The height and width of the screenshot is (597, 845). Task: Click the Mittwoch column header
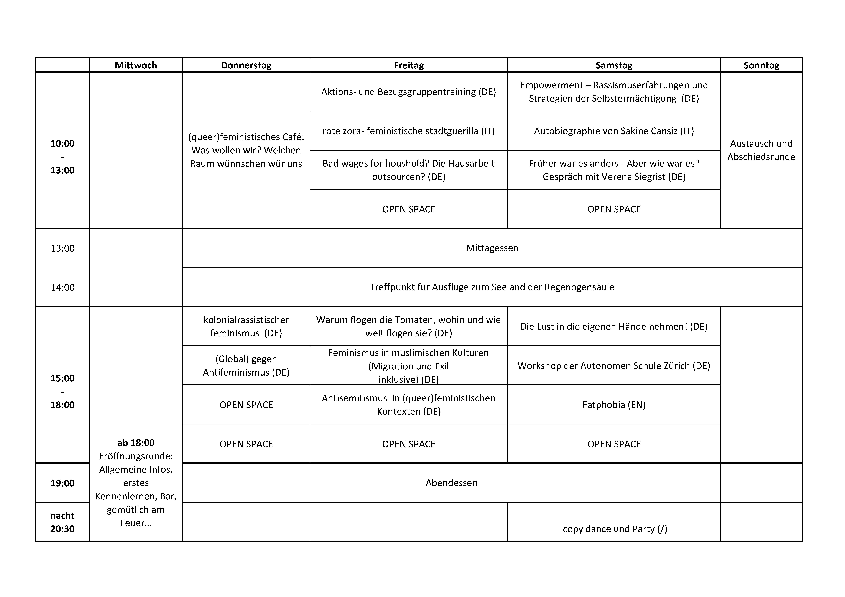[136, 65]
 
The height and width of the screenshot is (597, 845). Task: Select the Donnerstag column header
[246, 65]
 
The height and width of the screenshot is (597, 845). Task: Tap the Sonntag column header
[761, 65]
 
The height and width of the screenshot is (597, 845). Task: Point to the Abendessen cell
[451, 483]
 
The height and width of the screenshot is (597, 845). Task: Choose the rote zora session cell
[408, 131]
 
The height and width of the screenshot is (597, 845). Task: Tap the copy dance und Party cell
[615, 529]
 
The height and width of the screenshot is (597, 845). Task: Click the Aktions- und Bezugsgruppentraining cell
[408, 92]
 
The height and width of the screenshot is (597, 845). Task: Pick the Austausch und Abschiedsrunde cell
[761, 150]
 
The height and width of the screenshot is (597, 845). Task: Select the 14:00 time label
[63, 287]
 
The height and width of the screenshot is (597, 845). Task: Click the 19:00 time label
[63, 483]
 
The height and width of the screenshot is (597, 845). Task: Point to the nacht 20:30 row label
[63, 522]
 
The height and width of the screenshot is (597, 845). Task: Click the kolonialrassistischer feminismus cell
[246, 326]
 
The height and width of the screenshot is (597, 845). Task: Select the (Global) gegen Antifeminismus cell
[246, 366]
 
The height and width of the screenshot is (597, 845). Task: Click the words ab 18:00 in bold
[136, 442]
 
